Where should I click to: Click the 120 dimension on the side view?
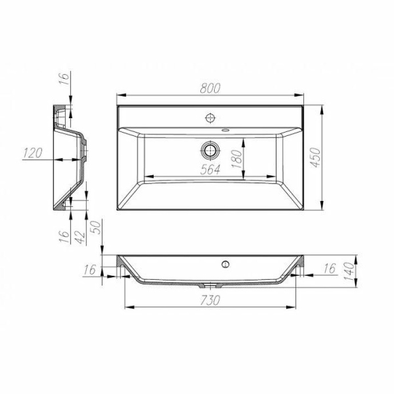pos(34,153)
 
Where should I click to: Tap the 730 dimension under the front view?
pos(211,301)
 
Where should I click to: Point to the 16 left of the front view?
pos(90,270)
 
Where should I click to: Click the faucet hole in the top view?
pos(211,118)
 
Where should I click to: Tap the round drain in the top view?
pos(211,150)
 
